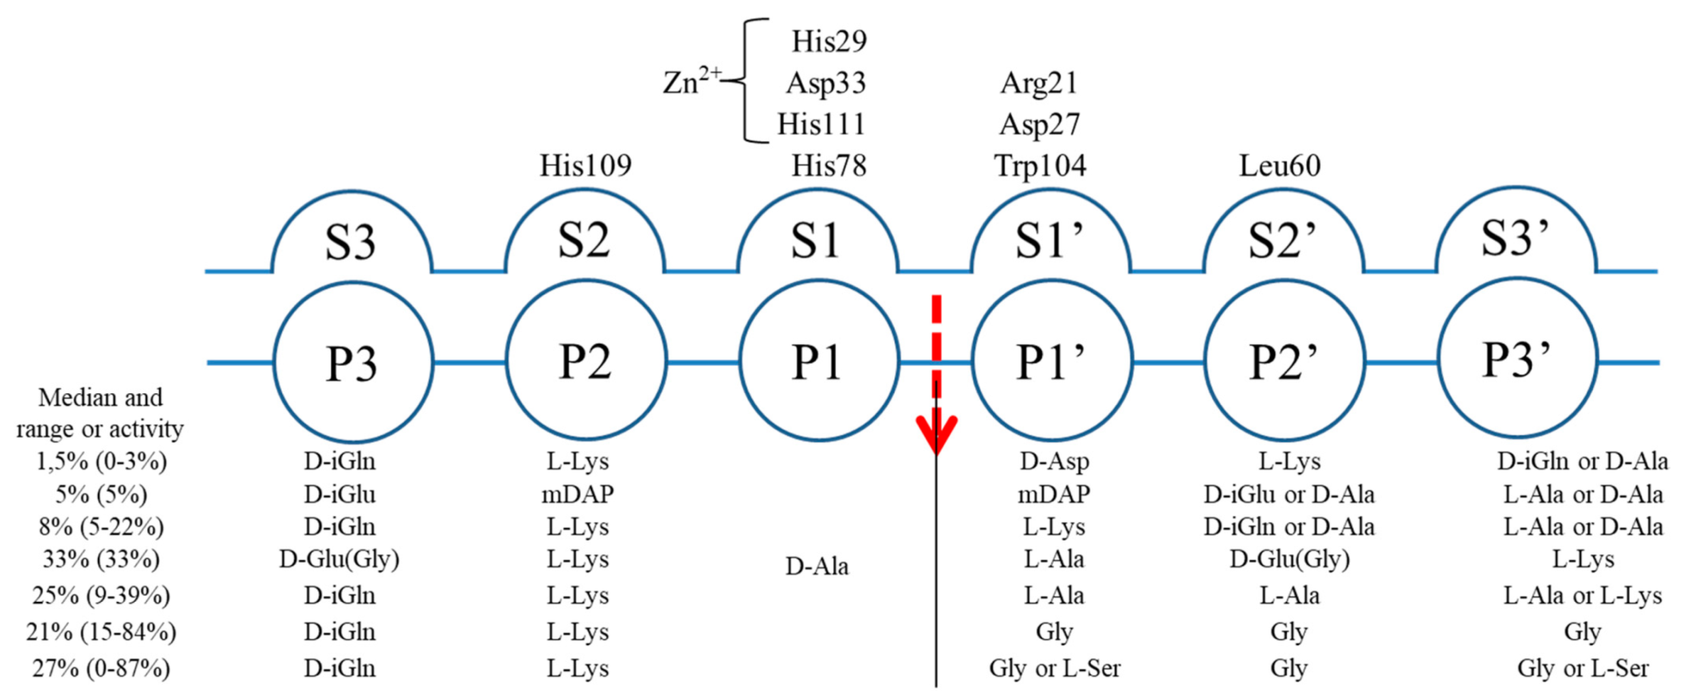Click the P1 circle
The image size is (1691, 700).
coord(818,361)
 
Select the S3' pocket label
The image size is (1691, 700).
coord(1515,239)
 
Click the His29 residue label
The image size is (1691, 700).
coord(828,42)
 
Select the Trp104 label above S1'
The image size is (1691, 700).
coord(1040,166)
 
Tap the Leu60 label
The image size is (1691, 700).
coord(1279,166)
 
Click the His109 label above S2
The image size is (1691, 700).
coord(585,166)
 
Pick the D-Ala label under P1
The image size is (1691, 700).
coord(817,566)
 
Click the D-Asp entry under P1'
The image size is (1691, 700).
coord(1054,461)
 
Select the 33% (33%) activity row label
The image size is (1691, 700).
coord(101,559)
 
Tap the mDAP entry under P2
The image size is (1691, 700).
coord(577,493)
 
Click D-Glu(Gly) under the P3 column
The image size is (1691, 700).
coord(339,559)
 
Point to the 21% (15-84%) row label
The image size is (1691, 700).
coord(101,632)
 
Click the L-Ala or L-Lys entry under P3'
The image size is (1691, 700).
coord(1582,595)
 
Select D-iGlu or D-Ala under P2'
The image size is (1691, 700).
coord(1288,493)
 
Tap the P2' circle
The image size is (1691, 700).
coord(1284,361)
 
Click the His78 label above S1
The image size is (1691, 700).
coord(828,166)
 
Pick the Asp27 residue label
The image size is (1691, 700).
coord(1040,125)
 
